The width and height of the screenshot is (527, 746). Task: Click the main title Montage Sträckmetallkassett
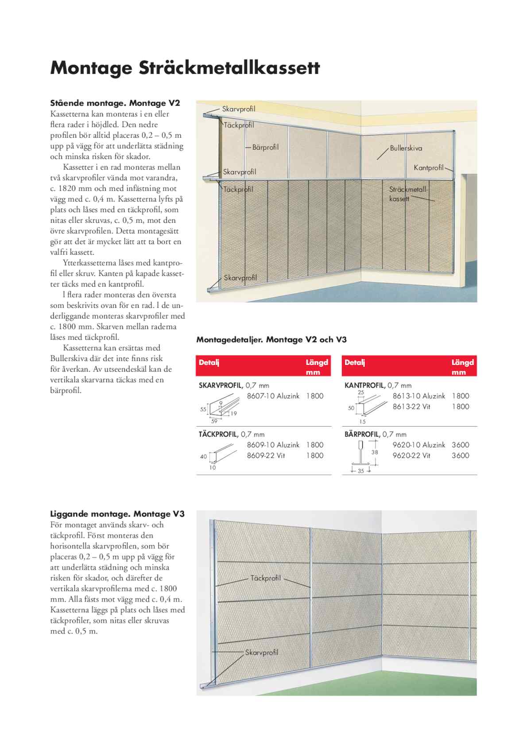click(185, 68)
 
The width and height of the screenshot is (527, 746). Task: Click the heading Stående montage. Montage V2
click(115, 103)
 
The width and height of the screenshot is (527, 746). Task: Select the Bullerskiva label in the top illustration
click(406, 148)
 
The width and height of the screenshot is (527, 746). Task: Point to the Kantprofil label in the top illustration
click(428, 168)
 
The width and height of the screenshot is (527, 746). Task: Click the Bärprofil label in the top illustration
click(265, 147)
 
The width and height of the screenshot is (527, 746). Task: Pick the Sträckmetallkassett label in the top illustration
click(407, 194)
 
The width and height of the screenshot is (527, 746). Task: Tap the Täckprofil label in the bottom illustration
click(266, 578)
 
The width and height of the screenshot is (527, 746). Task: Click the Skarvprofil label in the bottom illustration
click(262, 653)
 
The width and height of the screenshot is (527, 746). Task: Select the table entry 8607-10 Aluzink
click(273, 396)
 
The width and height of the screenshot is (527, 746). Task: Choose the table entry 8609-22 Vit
click(266, 455)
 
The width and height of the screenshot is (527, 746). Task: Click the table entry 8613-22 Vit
click(411, 407)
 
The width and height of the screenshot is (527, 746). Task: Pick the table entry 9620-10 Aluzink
click(418, 445)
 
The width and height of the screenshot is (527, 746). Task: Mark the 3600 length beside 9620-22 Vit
click(460, 455)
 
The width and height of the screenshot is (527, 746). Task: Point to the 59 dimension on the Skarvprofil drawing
click(214, 421)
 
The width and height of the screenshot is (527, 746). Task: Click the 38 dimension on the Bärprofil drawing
click(375, 452)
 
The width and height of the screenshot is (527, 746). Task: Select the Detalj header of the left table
click(209, 362)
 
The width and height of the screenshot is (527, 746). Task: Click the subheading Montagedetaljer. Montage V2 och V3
click(271, 340)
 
